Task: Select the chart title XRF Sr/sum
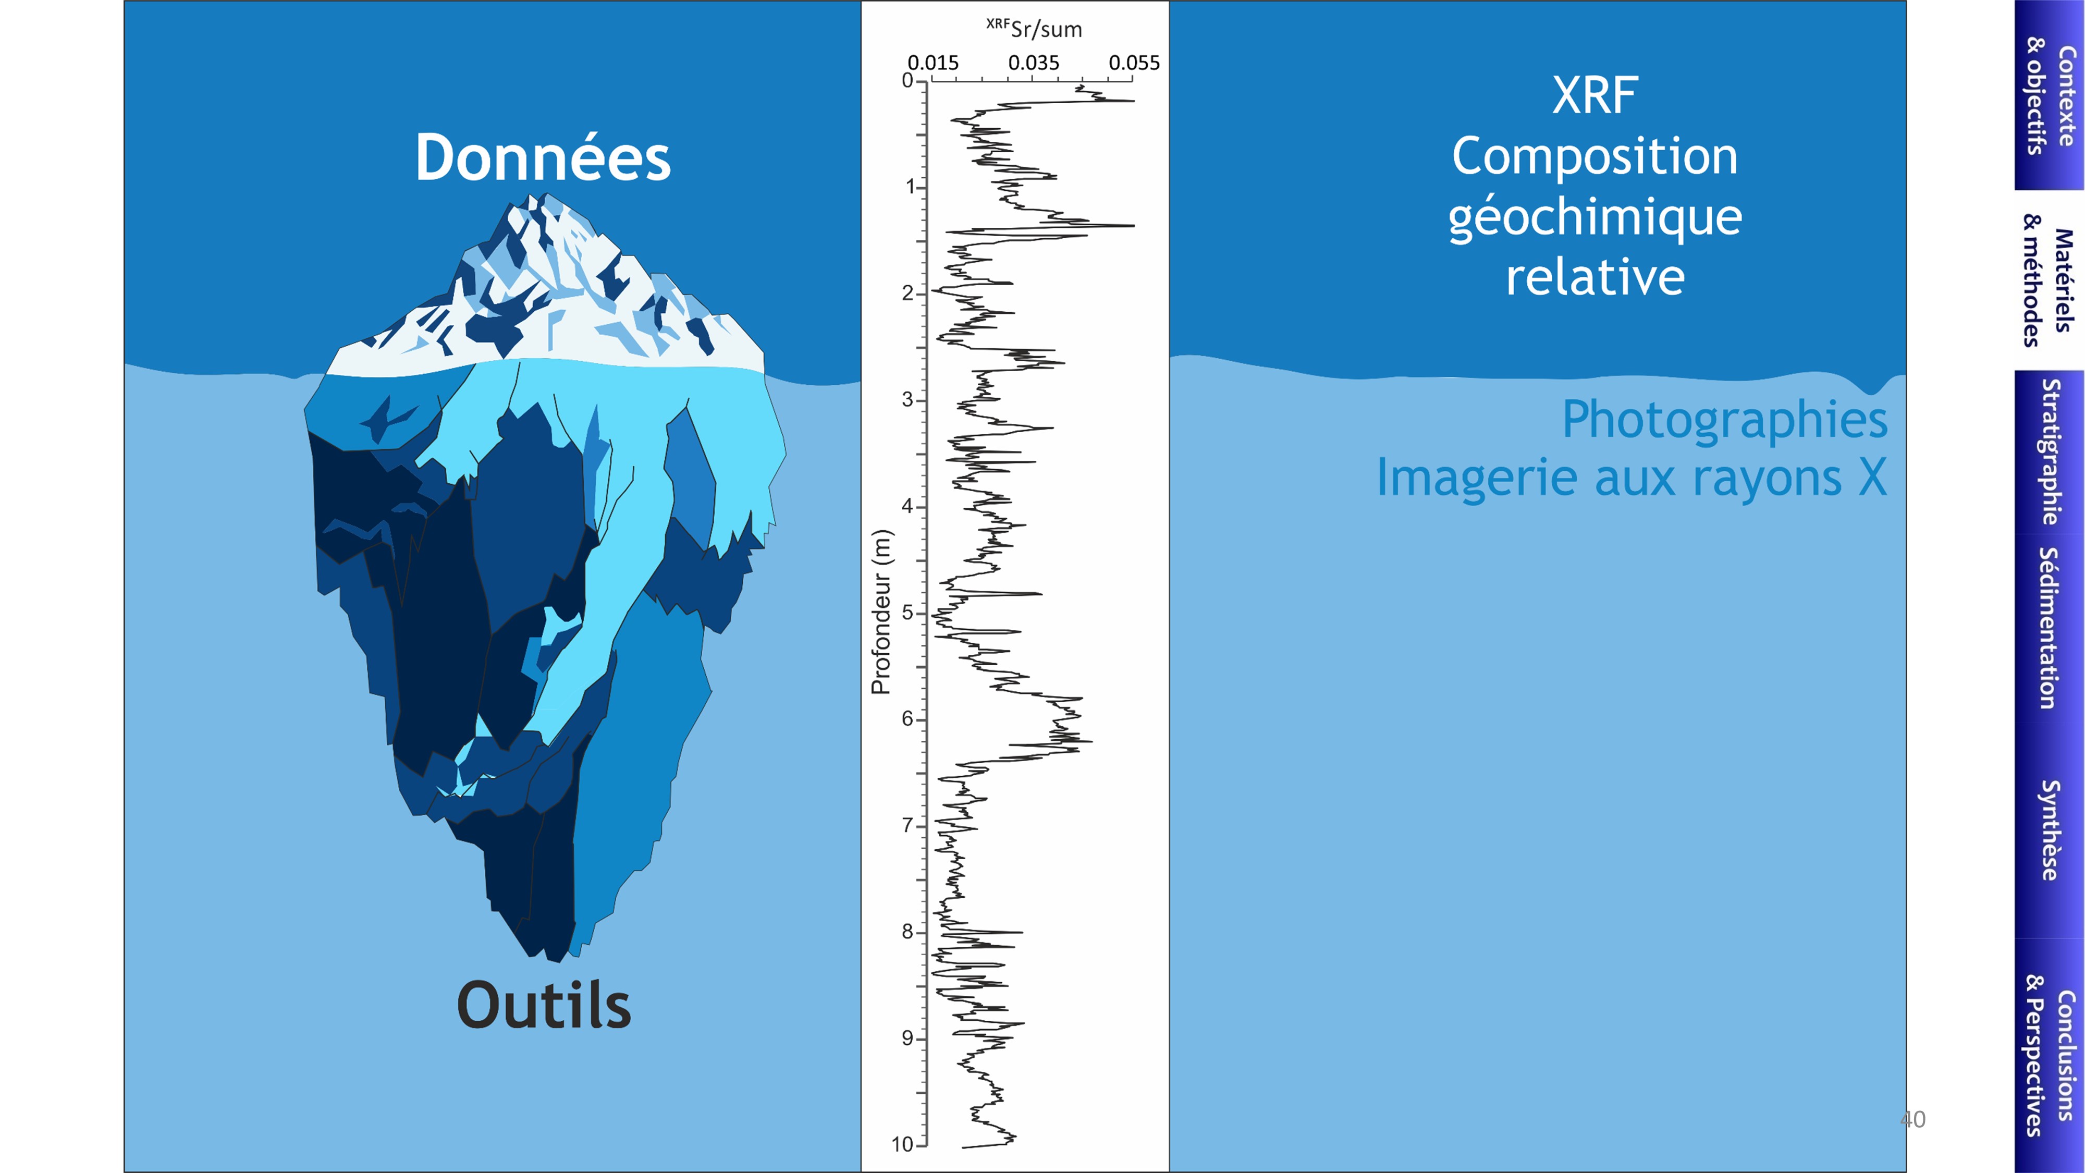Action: click(1034, 28)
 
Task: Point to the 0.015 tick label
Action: click(933, 63)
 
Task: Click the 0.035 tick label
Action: click(1034, 63)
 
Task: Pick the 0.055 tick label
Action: click(1134, 63)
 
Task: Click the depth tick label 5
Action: click(907, 613)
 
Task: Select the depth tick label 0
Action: click(907, 80)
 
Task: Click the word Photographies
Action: click(1725, 419)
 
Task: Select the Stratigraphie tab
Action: click(2050, 451)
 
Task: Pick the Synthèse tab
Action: click(2050, 830)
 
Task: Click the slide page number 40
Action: click(1912, 1120)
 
